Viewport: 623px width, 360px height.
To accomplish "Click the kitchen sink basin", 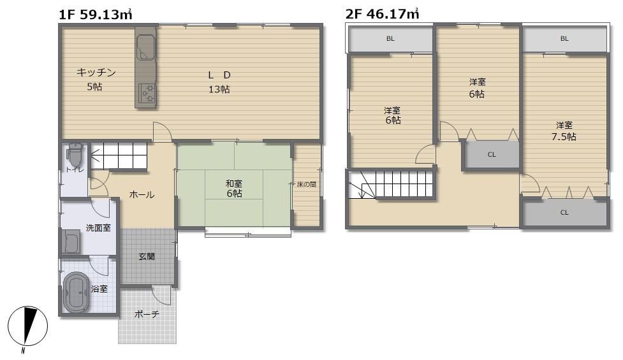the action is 146,47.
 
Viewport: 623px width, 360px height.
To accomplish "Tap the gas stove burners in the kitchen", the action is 146,93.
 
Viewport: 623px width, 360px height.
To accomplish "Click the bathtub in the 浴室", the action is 75,292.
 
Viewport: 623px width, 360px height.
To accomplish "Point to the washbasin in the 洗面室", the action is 71,241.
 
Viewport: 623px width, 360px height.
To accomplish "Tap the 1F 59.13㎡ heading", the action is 96,15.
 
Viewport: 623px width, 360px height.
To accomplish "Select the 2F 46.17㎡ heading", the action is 382,14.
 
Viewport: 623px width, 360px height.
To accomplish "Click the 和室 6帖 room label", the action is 234,189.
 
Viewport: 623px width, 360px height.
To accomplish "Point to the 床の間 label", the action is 307,185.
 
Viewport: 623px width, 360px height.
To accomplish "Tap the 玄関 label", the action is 147,256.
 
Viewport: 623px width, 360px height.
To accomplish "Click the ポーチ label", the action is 147,314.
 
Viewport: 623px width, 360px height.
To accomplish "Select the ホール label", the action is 142,194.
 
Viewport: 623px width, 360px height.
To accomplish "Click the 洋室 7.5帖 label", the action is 564,131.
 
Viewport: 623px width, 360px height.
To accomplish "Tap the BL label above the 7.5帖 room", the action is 564,38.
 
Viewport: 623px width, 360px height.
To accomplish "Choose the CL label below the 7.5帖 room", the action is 564,212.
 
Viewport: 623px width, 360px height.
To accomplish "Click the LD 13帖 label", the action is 219,82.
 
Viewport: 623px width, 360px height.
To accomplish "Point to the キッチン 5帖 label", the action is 96,80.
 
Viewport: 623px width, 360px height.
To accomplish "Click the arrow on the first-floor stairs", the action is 96,156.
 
